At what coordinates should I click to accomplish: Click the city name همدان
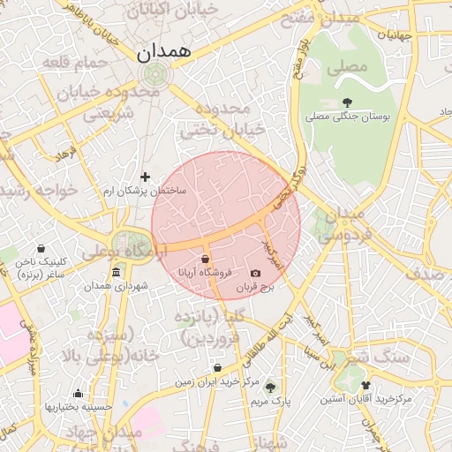164,52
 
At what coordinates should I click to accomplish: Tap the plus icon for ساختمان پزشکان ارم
146,177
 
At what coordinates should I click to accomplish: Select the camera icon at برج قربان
256,275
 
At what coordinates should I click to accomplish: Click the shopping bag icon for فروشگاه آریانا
205,260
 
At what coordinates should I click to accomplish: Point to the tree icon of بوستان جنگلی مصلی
346,102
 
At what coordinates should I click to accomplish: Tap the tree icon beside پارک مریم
270,387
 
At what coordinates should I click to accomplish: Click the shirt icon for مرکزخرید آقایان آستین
366,386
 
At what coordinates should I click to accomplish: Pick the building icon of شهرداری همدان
116,273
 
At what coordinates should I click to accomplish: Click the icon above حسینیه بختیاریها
79,394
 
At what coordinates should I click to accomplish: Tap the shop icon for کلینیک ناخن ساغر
42,249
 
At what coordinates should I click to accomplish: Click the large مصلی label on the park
346,67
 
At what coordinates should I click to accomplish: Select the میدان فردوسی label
338,225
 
